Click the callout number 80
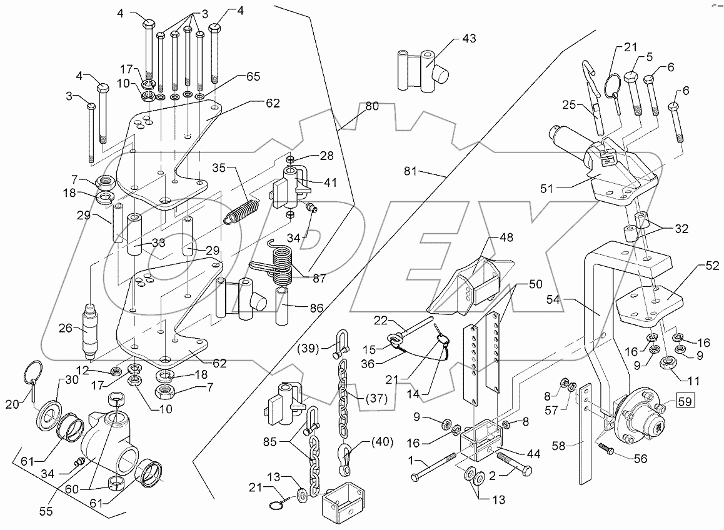[x=372, y=107]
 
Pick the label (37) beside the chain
[x=378, y=398]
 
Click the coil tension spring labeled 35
[x=241, y=211]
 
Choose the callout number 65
[x=235, y=77]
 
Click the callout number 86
[x=316, y=309]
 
